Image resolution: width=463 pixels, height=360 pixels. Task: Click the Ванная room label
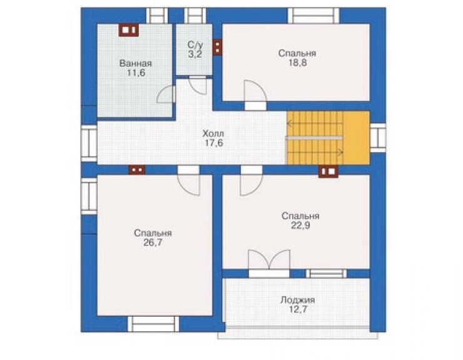coord(136,63)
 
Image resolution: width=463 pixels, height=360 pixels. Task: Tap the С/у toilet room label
coord(195,45)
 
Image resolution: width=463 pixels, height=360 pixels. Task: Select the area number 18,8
coord(297,63)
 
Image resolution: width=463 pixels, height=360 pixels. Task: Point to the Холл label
coord(213,133)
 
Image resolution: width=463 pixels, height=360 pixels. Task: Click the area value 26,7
coord(153,243)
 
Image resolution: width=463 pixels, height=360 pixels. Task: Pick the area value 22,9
coord(300,225)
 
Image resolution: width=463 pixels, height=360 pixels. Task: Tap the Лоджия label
coord(298,300)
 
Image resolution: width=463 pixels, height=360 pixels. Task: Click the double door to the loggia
coord(269,264)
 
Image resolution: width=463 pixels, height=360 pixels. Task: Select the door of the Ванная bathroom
coord(166,94)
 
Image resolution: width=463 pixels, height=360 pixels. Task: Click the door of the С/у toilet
coord(198,85)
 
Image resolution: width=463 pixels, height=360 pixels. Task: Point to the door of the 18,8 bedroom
coord(255,95)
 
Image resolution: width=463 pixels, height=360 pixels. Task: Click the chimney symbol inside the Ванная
coord(129,30)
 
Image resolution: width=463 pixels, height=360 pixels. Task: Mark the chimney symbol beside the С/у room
coord(217,48)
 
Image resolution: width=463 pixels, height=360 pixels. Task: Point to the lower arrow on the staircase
coord(315,153)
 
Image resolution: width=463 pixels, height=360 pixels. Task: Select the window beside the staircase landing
coord(378,138)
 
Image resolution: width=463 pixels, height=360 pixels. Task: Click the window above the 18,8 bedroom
coord(313,16)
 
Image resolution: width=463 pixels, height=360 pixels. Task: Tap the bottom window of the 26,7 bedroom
coord(153,324)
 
